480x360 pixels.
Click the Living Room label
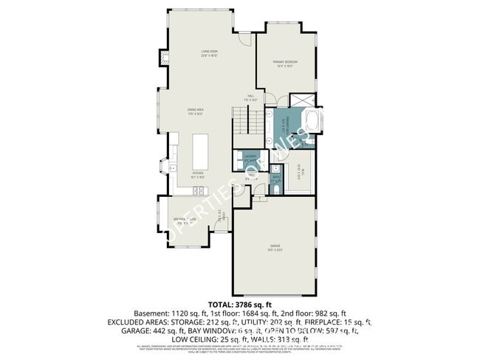[x=209, y=53]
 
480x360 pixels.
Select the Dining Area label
[x=196, y=112]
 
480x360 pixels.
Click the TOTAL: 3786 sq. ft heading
[x=240, y=304]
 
